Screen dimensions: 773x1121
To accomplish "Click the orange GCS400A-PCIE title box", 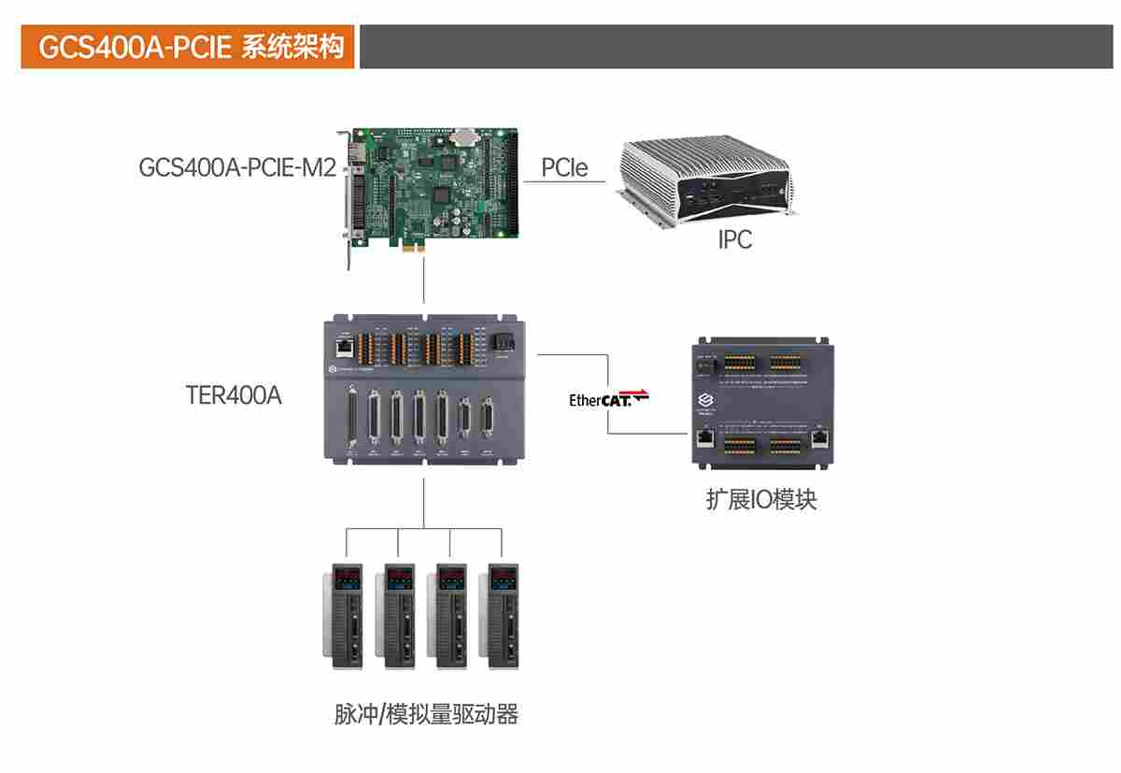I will (188, 47).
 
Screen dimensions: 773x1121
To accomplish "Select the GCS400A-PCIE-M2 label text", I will (237, 168).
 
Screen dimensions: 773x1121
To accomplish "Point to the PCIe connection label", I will (564, 168).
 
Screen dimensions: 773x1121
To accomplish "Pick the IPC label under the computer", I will (735, 240).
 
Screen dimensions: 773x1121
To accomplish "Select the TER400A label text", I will (234, 395).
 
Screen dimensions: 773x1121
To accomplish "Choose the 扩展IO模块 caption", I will (761, 500).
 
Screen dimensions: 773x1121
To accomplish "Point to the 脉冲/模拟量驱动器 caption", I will (426, 716).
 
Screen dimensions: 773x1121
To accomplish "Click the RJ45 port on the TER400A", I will (345, 347).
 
